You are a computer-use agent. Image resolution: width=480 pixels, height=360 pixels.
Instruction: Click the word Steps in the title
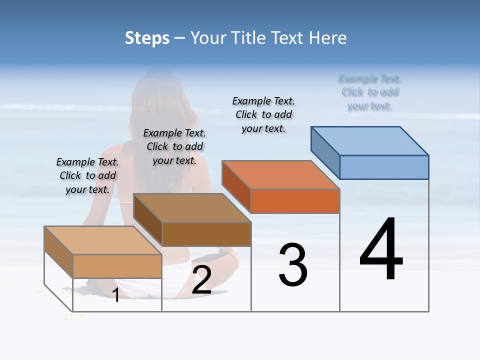(x=147, y=38)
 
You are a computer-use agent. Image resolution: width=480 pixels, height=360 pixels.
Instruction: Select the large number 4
(x=381, y=250)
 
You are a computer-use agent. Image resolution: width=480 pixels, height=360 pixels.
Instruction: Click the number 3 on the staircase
(x=293, y=265)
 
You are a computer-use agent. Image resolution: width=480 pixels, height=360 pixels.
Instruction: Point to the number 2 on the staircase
(x=201, y=280)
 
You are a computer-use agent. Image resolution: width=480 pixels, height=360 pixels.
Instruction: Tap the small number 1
(x=115, y=295)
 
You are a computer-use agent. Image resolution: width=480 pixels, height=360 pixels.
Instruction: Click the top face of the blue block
(x=370, y=140)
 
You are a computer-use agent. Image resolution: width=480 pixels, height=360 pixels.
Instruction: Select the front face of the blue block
(x=384, y=167)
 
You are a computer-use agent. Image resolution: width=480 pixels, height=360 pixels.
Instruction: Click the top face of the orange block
(x=280, y=175)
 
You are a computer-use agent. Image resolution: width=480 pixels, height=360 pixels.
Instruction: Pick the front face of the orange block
(x=295, y=201)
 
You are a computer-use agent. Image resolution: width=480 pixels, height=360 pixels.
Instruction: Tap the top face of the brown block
(x=192, y=208)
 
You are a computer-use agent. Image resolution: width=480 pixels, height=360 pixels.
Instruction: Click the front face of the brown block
(x=206, y=234)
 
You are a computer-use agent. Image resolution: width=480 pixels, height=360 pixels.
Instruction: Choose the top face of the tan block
(x=103, y=240)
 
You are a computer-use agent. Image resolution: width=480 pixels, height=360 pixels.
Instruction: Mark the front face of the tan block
(x=117, y=266)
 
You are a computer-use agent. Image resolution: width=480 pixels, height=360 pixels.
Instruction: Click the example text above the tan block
(x=87, y=175)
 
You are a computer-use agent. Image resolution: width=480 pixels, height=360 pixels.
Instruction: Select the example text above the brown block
(x=174, y=146)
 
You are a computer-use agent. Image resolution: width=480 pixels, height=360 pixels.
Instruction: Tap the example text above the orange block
(x=263, y=114)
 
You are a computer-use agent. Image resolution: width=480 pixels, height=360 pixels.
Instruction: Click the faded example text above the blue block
(x=370, y=92)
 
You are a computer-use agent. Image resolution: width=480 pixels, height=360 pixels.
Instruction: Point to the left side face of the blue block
(x=325, y=152)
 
